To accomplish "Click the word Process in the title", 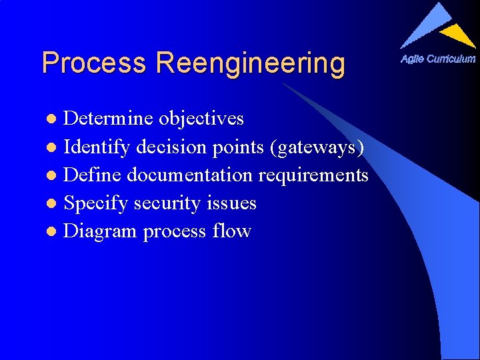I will click(93, 63).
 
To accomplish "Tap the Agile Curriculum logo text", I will click(438, 59).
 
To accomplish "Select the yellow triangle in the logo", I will click(459, 34).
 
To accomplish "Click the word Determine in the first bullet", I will click(109, 119).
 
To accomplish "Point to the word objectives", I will click(201, 119).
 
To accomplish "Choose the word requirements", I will click(313, 176).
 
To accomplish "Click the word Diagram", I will click(101, 232).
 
